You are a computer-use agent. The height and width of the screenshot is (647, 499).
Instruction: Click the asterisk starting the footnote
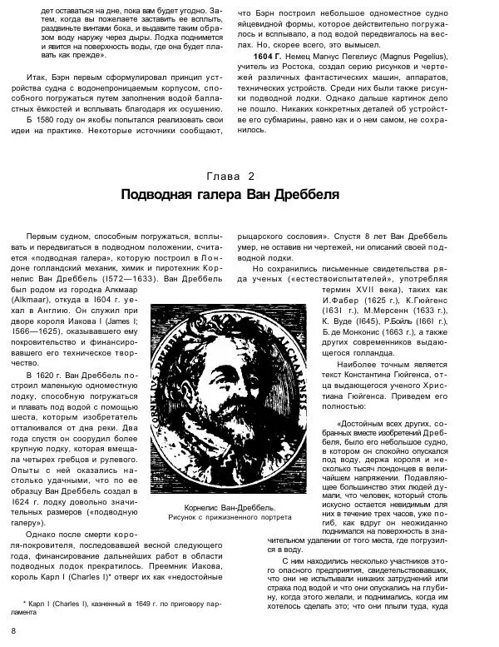[x=23, y=600]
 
